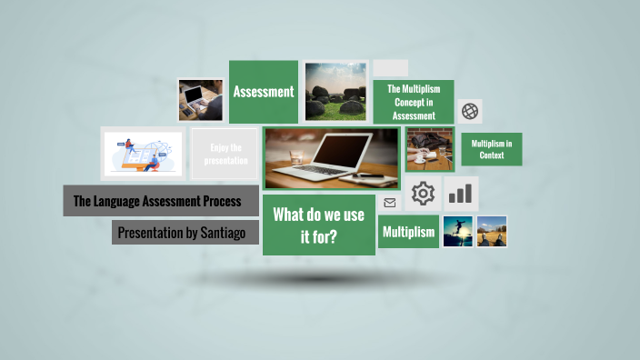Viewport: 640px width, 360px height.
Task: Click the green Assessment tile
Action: point(264,92)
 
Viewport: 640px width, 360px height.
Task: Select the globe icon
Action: point(470,111)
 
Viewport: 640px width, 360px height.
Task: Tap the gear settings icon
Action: point(423,194)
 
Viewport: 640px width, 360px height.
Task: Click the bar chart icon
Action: point(461,194)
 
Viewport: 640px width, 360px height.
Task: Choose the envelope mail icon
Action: point(390,203)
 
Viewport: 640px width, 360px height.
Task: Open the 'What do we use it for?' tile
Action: point(318,225)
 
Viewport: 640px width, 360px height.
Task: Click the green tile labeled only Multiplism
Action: point(408,232)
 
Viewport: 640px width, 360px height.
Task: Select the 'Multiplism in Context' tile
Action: point(492,149)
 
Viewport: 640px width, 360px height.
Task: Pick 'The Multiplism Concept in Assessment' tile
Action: point(414,102)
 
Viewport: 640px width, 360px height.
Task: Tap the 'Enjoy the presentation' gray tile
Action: point(225,154)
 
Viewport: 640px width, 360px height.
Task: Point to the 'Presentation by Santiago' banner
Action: point(185,233)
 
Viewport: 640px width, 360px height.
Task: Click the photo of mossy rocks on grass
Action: point(336,91)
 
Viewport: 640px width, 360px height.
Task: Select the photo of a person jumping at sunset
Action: point(457,231)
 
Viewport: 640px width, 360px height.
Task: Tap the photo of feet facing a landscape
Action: point(492,231)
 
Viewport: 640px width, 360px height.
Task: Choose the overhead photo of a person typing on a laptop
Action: point(201,99)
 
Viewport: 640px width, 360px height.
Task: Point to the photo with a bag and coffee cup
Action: point(429,149)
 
